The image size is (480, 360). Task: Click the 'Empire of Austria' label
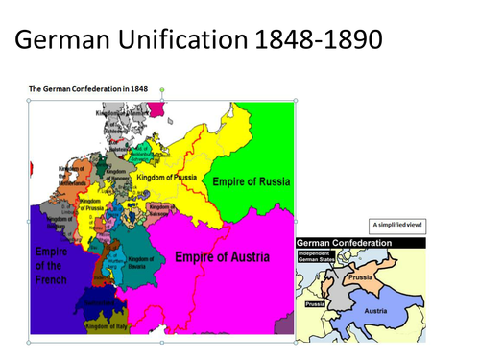pyautogui.click(x=222, y=256)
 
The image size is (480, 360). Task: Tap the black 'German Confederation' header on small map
pyautogui.click(x=346, y=243)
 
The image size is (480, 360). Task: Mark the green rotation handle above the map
pyautogui.click(x=161, y=90)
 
